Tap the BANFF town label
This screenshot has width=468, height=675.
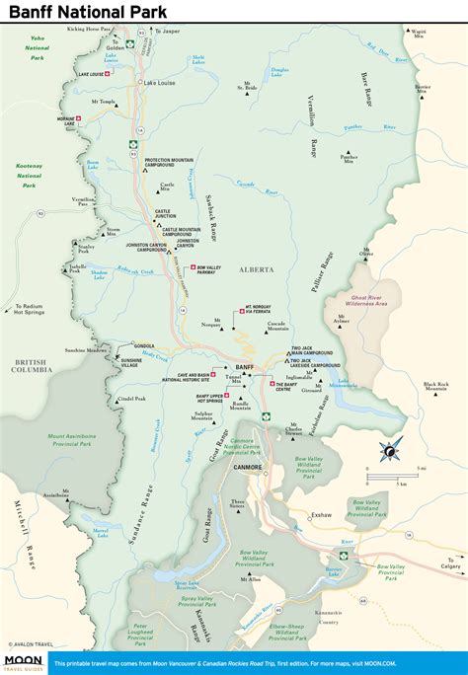[x=246, y=366]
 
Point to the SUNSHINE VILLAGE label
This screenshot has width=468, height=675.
[x=137, y=364]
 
